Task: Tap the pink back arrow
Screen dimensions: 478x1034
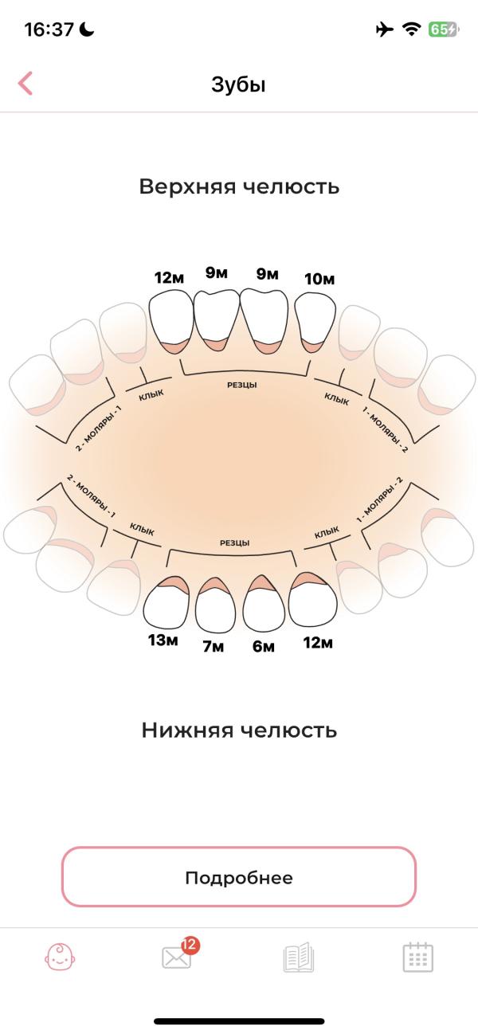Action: point(25,84)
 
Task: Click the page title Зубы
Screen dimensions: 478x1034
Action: point(238,84)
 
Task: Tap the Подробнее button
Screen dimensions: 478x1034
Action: point(239,877)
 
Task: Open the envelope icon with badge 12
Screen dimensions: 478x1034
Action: point(178,956)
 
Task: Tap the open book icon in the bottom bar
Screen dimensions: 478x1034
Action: point(299,957)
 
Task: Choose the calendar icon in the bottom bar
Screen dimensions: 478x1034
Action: point(417,957)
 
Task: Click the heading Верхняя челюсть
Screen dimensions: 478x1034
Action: point(239,186)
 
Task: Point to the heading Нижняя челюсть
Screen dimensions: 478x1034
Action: point(239,730)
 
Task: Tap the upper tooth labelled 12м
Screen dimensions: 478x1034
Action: point(170,319)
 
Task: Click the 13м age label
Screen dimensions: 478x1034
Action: point(163,640)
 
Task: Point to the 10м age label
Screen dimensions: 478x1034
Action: point(319,279)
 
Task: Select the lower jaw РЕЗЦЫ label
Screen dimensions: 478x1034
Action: point(234,542)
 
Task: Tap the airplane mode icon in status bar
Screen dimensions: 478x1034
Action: point(385,29)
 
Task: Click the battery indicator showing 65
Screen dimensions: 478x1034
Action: point(443,29)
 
